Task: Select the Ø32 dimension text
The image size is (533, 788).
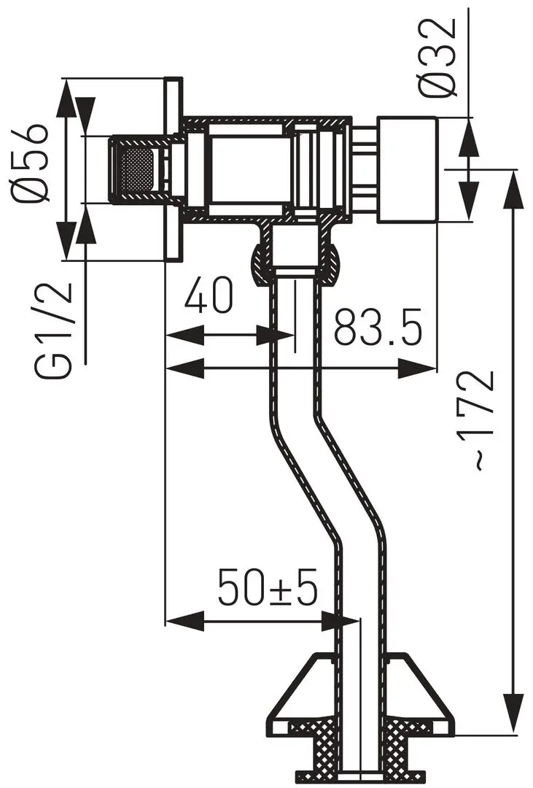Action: [x=438, y=56]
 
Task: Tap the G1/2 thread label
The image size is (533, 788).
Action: [x=55, y=329]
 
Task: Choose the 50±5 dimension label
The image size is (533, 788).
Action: [x=268, y=588]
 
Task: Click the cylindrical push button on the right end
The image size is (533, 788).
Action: [x=406, y=169]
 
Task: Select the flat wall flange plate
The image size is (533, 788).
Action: [x=172, y=169]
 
